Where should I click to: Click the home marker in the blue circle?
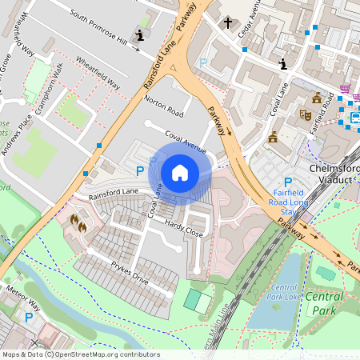pos(180,172)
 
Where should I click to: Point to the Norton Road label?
pos(164,105)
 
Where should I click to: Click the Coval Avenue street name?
pos(185,142)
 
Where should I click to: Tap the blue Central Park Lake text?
pos(286,292)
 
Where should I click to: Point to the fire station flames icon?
pos(78,222)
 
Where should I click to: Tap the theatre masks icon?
pos(304,114)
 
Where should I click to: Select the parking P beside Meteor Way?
pos(29,318)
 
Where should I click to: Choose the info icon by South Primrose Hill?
pos(142,34)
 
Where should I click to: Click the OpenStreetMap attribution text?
pos(81,354)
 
